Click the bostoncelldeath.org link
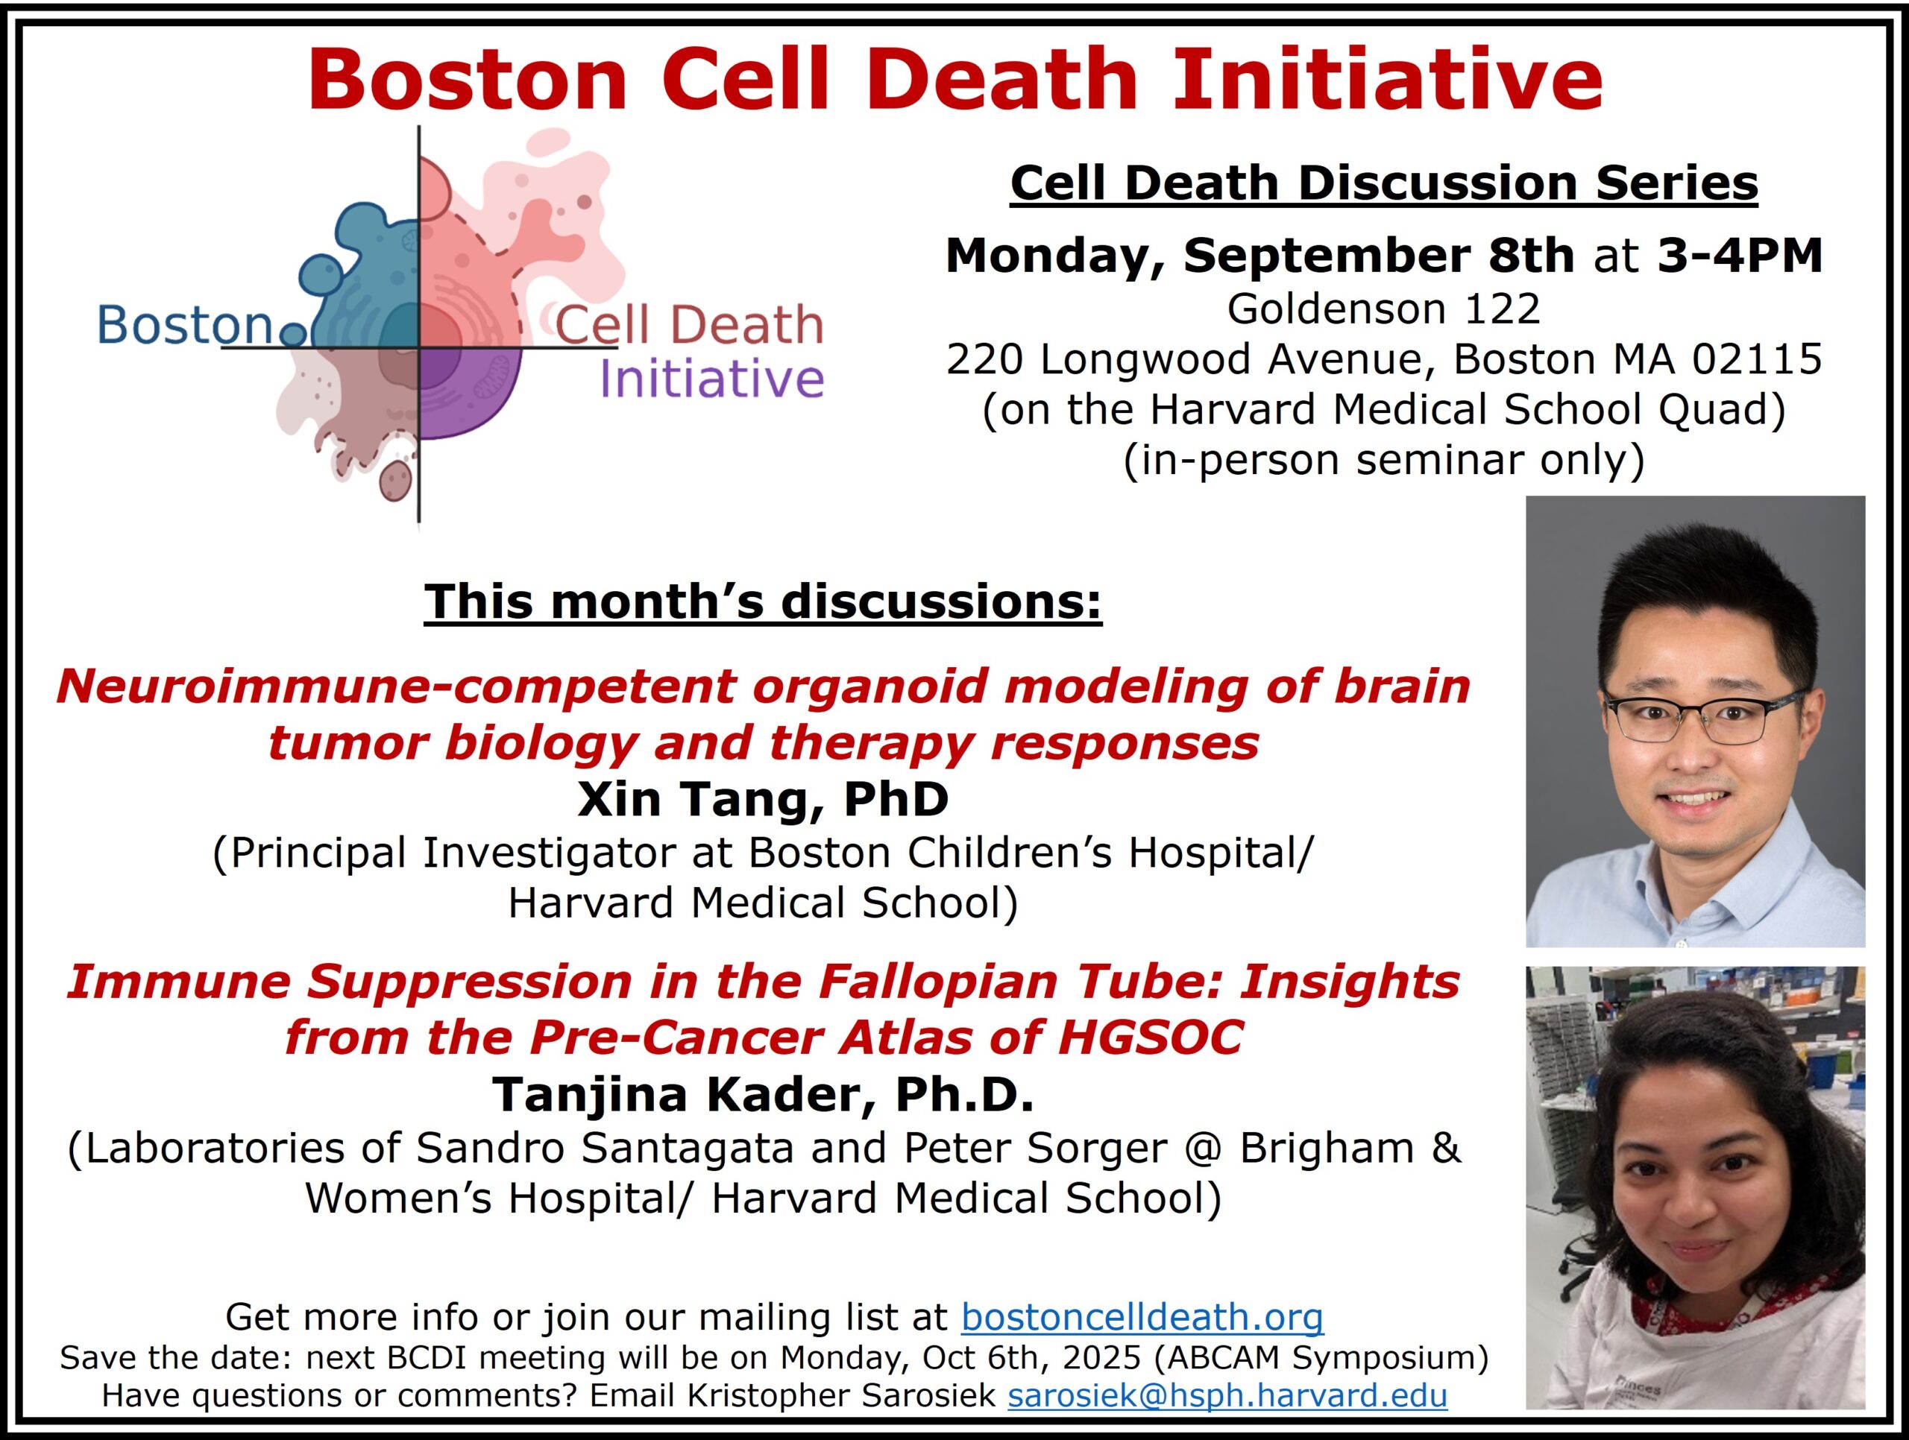point(1142,1316)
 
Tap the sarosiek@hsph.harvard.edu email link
point(1227,1395)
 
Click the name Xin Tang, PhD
point(763,799)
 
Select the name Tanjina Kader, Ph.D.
point(763,1094)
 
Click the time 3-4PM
point(1739,256)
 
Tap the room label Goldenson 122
point(1383,309)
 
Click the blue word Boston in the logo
point(185,325)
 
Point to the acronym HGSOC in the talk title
point(1151,1036)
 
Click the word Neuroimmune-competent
point(396,686)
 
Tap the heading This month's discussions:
point(763,601)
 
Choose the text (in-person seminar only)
point(1383,460)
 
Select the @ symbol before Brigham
point(1202,1149)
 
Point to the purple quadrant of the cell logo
point(471,392)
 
